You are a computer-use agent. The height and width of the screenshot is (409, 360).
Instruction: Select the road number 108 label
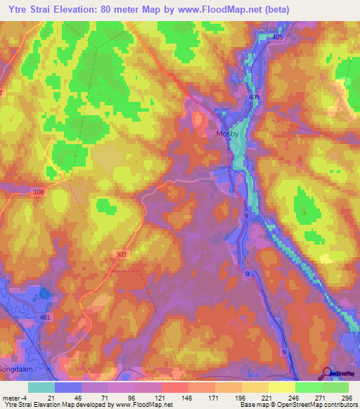[x=38, y=191]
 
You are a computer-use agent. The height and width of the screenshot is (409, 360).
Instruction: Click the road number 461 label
[x=45, y=318]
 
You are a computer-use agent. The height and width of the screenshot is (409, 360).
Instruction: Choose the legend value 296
[x=345, y=398]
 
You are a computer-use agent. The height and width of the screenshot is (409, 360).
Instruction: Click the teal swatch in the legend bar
[x=41, y=387]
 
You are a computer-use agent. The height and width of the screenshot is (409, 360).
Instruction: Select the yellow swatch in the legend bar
[x=281, y=387]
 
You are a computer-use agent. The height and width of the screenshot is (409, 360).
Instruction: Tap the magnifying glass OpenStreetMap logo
[x=328, y=373]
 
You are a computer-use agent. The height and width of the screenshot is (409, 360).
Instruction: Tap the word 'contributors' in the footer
[x=337, y=405]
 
